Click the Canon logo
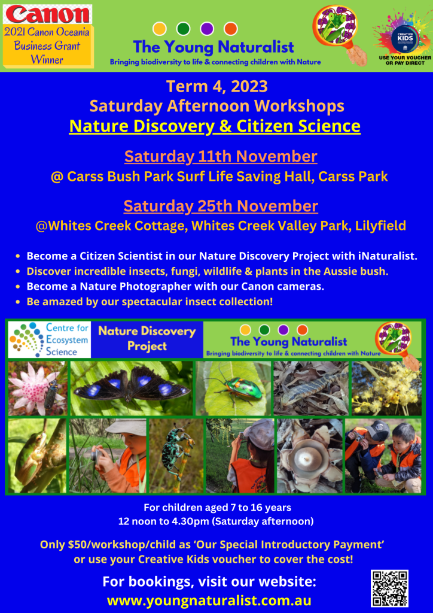pos(47,14)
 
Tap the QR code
pos(389,588)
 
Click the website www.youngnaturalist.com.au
pos(209,600)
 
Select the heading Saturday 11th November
pos(221,156)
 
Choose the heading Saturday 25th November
pos(221,206)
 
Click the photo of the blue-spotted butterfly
pos(131,388)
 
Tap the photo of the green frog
pos(37,456)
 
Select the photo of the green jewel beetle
pos(233,388)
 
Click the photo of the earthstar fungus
pos(310,456)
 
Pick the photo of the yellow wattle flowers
pos(386,388)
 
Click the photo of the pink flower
pos(38,388)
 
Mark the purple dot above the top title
pos(206,29)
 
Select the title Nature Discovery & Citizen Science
pos(215,126)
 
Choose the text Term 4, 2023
pos(217,86)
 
